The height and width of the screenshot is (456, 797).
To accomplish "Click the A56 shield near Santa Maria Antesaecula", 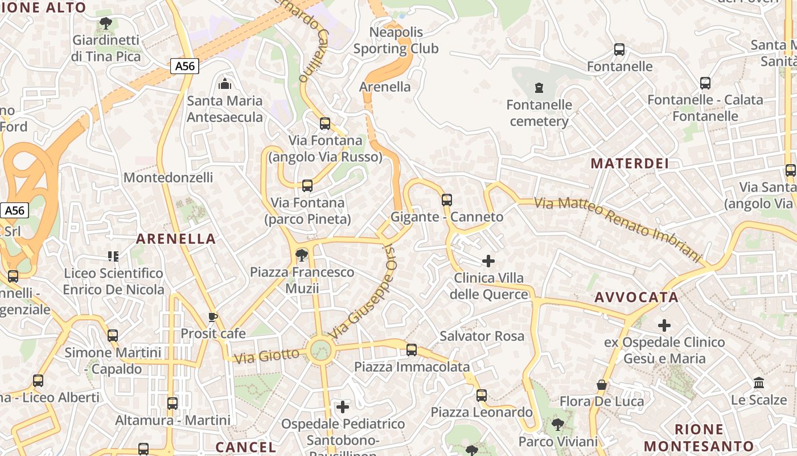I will [x=184, y=66].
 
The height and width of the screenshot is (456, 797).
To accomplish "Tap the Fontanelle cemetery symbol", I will [x=539, y=88].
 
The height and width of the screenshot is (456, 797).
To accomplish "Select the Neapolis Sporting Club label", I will [x=396, y=40].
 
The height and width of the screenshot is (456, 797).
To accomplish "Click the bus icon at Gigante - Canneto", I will [x=447, y=199].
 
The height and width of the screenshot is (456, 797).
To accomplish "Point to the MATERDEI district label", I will [x=629, y=164].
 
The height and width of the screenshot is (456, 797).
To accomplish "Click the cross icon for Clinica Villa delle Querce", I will [x=488, y=261].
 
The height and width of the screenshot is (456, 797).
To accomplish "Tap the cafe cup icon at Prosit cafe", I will [x=213, y=317].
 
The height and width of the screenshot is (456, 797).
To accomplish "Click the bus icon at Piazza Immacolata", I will [x=412, y=349].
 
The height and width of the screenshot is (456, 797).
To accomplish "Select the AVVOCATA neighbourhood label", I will [x=636, y=297].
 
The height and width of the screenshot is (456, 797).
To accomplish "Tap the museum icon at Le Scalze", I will [x=758, y=382].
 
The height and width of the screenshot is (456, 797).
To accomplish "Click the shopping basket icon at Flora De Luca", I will [x=602, y=385].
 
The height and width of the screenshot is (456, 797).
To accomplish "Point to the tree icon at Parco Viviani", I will [x=558, y=425].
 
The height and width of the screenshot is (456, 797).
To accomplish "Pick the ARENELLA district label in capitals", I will [x=176, y=239].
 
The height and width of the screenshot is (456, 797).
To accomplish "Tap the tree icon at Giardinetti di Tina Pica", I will [x=105, y=23].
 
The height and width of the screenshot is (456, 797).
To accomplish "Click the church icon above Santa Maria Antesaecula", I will [x=225, y=84].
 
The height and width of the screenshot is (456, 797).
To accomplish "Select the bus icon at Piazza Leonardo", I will [x=481, y=395].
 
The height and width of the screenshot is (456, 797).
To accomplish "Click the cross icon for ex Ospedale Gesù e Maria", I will [x=664, y=325].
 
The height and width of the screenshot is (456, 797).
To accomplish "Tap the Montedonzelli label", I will [x=168, y=177].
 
